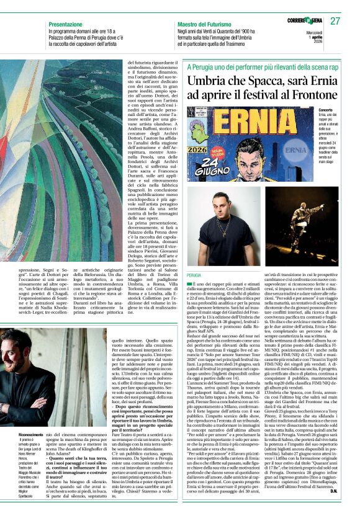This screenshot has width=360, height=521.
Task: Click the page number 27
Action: pyautogui.click(x=336, y=21)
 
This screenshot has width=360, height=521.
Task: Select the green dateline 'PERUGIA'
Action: pyautogui.click(x=194, y=274)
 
